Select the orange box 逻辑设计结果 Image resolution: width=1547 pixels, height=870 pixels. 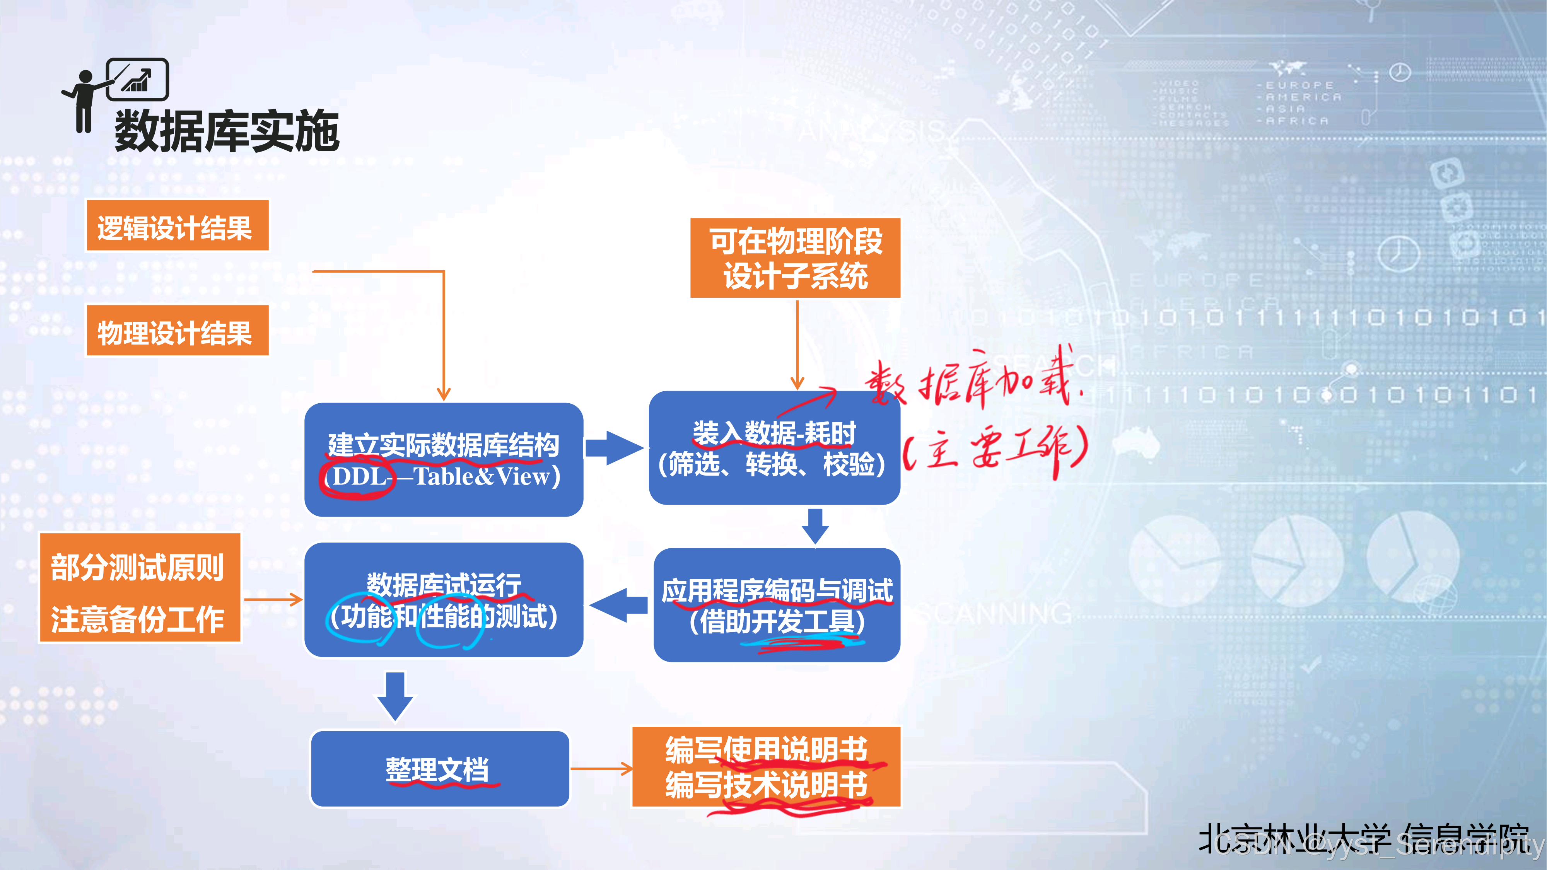177,226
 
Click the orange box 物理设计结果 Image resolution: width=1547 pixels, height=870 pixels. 177,331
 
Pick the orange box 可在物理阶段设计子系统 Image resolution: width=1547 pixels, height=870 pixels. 795,258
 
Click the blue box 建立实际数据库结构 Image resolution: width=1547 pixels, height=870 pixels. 443,444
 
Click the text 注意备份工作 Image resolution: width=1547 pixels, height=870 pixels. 138,619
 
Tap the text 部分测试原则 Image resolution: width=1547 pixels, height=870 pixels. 138,567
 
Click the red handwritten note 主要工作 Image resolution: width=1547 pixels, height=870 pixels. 997,450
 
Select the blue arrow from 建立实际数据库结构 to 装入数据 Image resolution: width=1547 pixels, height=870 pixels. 614,448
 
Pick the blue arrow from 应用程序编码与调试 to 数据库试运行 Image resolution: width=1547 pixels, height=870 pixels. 618,605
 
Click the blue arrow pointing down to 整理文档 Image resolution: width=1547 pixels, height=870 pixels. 394,695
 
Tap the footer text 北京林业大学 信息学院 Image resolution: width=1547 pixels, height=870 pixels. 1363,838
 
